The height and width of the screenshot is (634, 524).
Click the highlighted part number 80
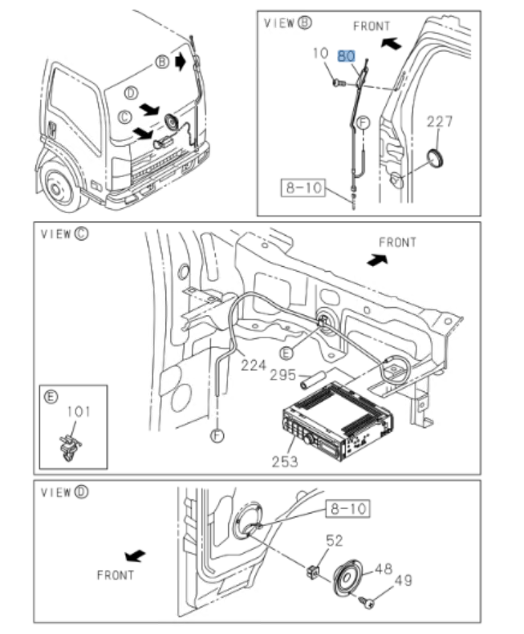pos(347,56)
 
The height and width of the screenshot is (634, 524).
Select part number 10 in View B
pos(320,54)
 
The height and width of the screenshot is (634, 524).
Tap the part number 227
pos(440,122)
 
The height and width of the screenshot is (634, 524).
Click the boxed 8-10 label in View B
pos(303,188)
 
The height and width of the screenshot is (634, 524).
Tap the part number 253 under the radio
pos(285,461)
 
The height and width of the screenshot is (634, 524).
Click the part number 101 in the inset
pos(79,413)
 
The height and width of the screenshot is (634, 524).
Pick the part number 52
pos(334,543)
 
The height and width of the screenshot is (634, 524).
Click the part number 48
pos(384,569)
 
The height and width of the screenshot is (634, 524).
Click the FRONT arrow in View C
pos(377,260)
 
